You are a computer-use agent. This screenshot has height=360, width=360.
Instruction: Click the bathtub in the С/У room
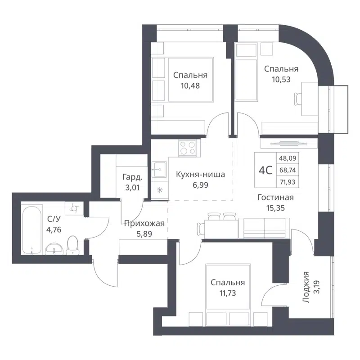coord(31,229)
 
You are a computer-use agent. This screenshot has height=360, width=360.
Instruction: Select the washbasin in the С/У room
coord(54,248)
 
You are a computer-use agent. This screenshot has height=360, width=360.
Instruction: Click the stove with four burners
coord(188,148)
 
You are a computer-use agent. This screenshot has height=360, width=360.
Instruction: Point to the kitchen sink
coord(159,171)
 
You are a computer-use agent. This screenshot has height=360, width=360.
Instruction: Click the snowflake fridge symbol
coord(159,190)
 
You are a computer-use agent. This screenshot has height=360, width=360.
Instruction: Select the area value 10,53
coord(281,79)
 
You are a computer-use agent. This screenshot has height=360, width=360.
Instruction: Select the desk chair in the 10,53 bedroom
coord(299,97)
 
